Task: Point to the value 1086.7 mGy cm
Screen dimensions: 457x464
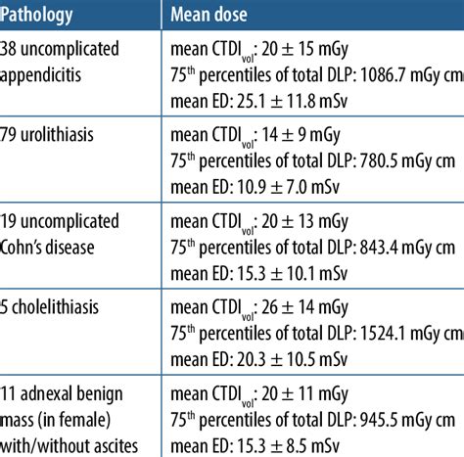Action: point(391,71)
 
